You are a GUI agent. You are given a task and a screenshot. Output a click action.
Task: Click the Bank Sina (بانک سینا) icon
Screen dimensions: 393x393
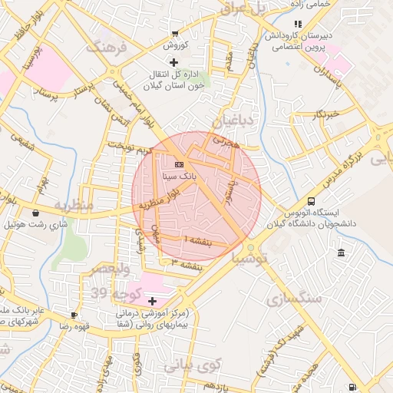coord(178,164)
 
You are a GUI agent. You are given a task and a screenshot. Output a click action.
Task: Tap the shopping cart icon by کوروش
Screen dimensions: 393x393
coord(175,33)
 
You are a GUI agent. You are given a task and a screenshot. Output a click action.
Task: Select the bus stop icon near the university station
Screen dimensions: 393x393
coord(310,198)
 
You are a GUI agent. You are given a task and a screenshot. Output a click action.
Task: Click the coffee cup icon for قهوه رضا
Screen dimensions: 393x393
coord(74,315)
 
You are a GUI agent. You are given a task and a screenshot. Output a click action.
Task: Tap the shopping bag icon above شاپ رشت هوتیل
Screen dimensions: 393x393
coord(36,213)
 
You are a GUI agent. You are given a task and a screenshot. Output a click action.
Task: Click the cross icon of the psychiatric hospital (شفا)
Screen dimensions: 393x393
coord(152,301)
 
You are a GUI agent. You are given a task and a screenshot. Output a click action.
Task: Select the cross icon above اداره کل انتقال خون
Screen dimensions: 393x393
coord(174,61)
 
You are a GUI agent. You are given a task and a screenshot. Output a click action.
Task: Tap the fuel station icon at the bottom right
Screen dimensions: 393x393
coord(352,387)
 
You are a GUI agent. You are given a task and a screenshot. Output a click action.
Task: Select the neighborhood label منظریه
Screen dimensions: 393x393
coord(74,206)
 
